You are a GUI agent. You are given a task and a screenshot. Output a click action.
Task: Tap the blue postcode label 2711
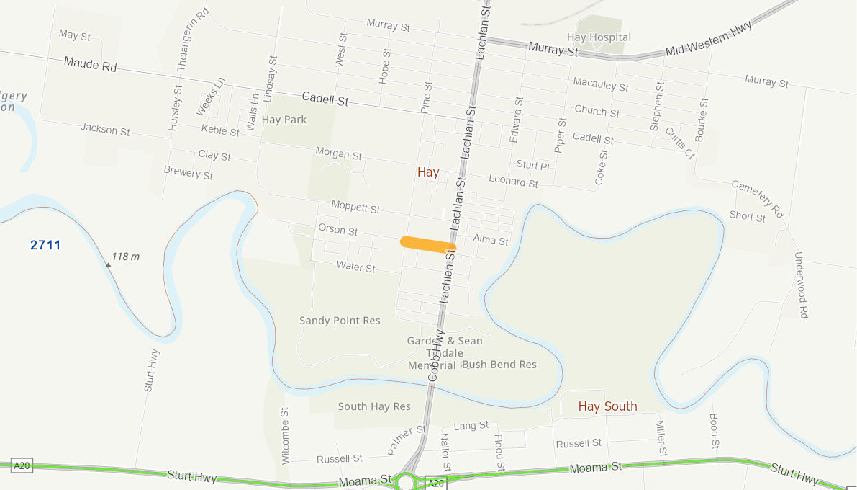(x=45, y=245)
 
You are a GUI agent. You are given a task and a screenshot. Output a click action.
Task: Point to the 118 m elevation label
(x=125, y=256)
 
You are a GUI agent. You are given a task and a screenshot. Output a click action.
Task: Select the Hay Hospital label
(x=599, y=37)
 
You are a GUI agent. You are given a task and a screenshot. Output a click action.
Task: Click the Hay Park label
(x=284, y=120)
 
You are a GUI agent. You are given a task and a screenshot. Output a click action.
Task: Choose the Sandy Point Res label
(x=340, y=321)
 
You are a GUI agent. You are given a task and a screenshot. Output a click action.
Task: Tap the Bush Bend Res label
(x=499, y=365)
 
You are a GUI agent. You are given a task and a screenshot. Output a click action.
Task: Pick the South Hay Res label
(x=374, y=406)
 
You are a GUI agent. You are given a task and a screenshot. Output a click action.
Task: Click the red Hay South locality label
(x=608, y=406)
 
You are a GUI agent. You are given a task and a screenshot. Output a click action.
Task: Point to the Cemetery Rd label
(x=757, y=199)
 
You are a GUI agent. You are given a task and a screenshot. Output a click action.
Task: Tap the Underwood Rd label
(x=801, y=285)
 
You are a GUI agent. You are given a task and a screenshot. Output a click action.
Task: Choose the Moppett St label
(x=355, y=208)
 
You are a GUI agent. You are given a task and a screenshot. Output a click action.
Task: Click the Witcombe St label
(x=285, y=435)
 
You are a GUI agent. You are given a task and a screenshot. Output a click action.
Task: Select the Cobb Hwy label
(x=434, y=357)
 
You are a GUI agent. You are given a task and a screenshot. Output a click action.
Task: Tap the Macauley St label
(x=601, y=84)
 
